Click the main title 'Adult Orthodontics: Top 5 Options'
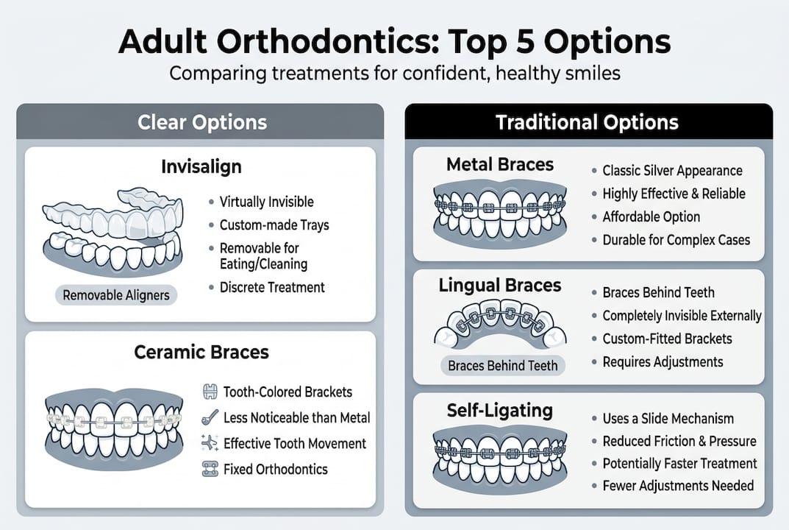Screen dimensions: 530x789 click(x=394, y=43)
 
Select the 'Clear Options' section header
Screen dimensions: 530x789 click(x=202, y=122)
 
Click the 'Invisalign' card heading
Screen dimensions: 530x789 click(x=201, y=167)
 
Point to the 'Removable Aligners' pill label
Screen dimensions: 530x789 click(x=116, y=296)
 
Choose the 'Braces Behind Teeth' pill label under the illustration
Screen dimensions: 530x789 click(x=503, y=365)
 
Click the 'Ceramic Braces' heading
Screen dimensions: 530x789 click(x=201, y=353)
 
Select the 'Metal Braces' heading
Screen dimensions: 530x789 click(x=500, y=163)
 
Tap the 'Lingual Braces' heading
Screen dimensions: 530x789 click(x=500, y=286)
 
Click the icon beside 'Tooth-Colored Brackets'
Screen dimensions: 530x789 click(x=210, y=392)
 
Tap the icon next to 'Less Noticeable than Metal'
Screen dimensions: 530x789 click(x=210, y=418)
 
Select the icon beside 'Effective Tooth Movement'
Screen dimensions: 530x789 click(x=210, y=443)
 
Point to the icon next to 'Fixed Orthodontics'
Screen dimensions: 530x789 click(x=210, y=469)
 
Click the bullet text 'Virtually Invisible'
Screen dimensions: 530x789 click(x=266, y=202)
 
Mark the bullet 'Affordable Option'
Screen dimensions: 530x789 click(x=651, y=217)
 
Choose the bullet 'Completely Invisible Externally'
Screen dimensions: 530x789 click(x=682, y=316)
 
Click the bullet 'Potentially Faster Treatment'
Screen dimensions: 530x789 click(x=679, y=464)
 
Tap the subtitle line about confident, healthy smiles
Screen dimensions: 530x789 click(x=394, y=74)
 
